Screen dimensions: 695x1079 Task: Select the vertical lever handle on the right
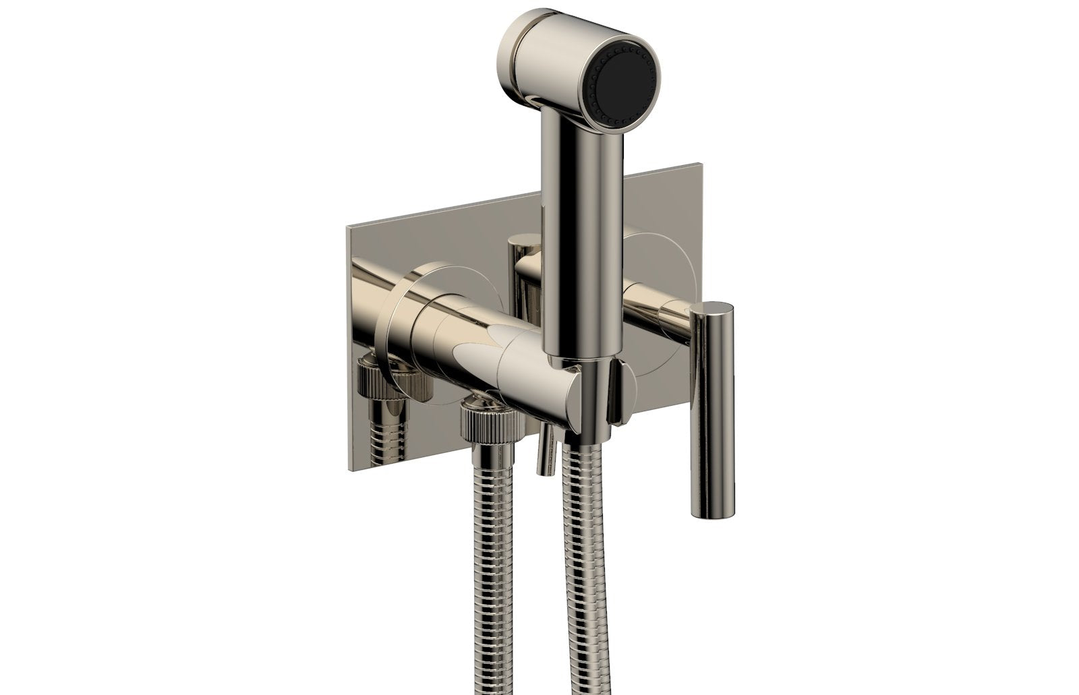coord(715,377)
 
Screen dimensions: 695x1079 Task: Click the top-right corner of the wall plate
coord(702,162)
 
